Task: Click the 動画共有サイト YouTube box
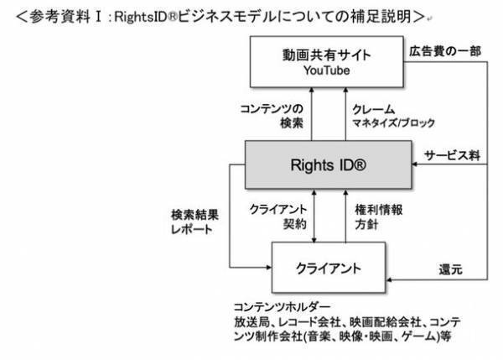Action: [x=328, y=63]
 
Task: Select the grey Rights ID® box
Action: [x=328, y=164]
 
